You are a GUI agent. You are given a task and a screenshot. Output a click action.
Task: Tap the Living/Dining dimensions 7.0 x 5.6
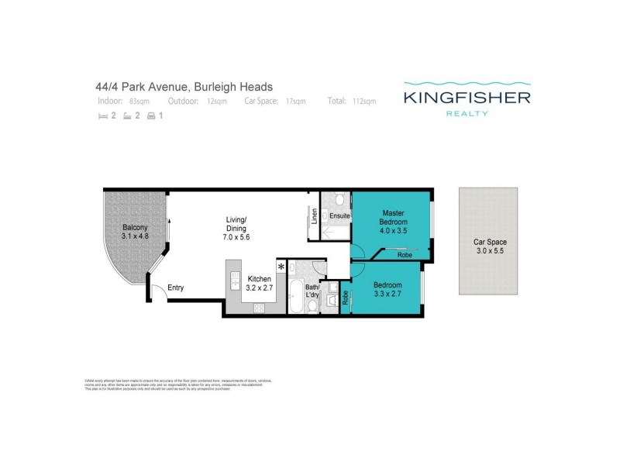click(x=236, y=237)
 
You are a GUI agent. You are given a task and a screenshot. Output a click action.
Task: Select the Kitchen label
click(x=258, y=279)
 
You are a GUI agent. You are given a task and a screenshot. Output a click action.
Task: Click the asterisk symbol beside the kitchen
click(x=281, y=267)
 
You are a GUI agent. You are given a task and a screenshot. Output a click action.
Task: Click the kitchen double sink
click(x=232, y=280)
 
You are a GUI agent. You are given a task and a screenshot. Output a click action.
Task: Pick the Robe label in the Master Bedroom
click(x=404, y=254)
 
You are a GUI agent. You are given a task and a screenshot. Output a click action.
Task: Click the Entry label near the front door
click(x=176, y=288)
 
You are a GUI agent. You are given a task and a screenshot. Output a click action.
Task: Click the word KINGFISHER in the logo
click(x=466, y=98)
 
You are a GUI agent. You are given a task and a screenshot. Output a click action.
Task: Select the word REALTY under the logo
click(x=466, y=114)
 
